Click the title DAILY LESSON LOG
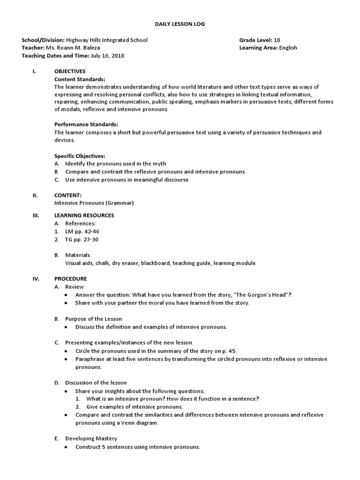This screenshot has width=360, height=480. pyautogui.click(x=180, y=23)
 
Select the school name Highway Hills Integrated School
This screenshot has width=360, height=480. pyautogui.click(x=107, y=40)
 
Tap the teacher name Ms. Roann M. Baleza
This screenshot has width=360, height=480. pyautogui.click(x=73, y=48)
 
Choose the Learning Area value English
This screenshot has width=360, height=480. pyautogui.click(x=288, y=48)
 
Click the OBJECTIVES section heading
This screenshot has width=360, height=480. pyautogui.click(x=70, y=71)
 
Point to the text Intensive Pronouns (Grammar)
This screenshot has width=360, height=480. pyautogui.click(x=94, y=203)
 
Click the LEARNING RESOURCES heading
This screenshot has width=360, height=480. pyautogui.click(x=84, y=215)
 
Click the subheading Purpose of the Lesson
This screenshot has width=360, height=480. pyautogui.click(x=93, y=319)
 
